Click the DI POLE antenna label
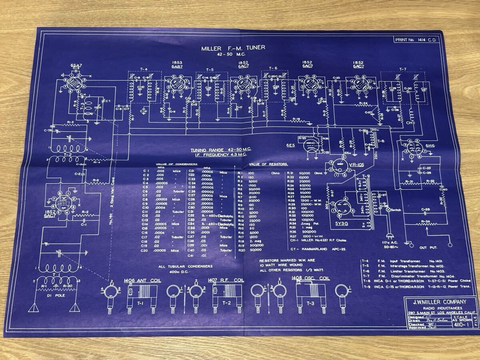[x=54, y=296]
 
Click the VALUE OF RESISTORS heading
[x=270, y=164]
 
